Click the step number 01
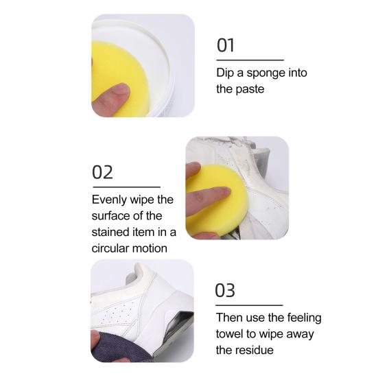[x=226, y=45]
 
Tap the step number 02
[x=102, y=172]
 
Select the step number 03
[x=225, y=290]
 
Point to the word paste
[x=250, y=89]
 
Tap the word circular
[x=110, y=248]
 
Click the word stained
[x=110, y=232]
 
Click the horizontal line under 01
[x=250, y=60]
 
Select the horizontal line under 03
[x=249, y=305]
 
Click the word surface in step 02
[x=110, y=216]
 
